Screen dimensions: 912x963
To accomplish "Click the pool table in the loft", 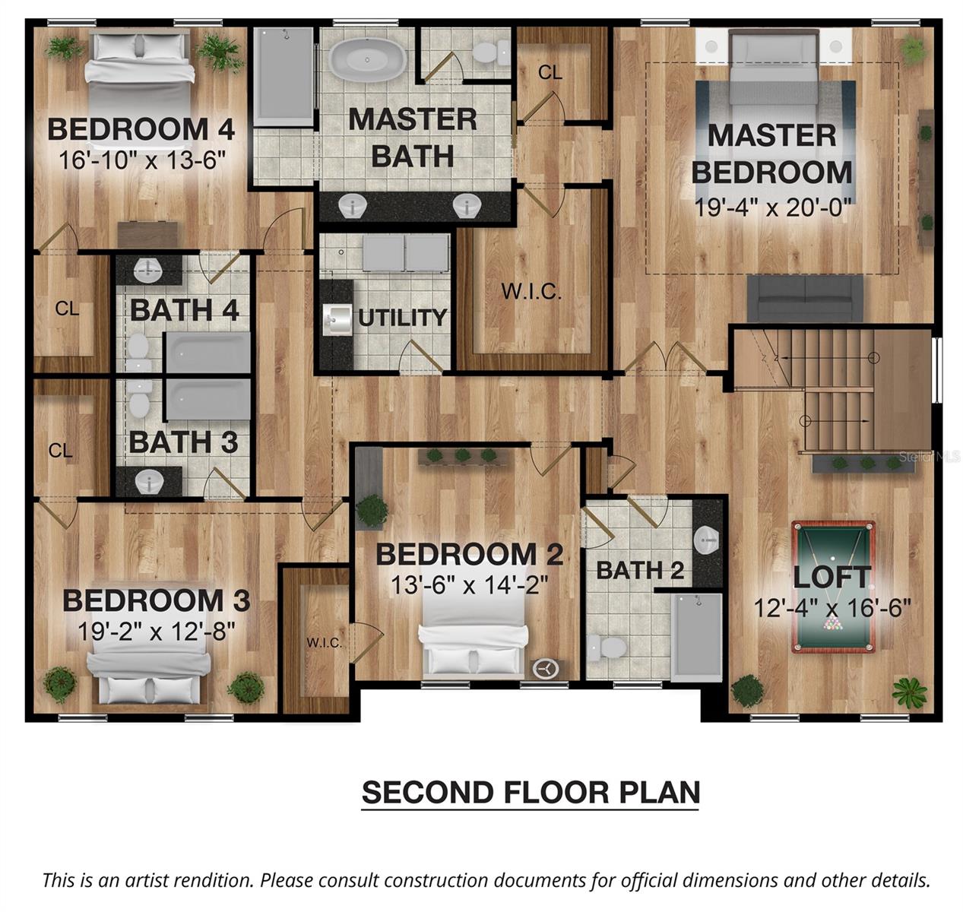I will coord(833,587).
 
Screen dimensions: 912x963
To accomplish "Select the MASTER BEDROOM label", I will coord(771,154).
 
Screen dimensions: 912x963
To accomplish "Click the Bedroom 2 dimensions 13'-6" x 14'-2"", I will coord(469,585).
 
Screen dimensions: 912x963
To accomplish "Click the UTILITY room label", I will coord(402,318).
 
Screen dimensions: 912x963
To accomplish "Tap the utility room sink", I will coord(334,320).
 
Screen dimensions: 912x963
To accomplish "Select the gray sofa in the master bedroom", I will coord(805,298).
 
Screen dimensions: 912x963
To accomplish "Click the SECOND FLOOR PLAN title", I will coord(531,792).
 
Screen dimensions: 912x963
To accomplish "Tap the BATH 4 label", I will coord(184,310).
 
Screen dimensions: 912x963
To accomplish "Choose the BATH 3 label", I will coord(182,442).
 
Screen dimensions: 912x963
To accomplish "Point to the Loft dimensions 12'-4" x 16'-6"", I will coord(832,608).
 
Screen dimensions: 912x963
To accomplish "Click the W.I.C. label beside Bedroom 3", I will coord(324,643).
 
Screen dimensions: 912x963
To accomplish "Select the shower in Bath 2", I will coord(696,637).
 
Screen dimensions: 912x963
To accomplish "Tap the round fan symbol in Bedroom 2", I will coord(545,669).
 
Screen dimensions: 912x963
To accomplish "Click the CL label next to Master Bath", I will coord(550,72).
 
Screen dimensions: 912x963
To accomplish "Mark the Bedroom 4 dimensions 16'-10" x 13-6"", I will coord(142,160).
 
